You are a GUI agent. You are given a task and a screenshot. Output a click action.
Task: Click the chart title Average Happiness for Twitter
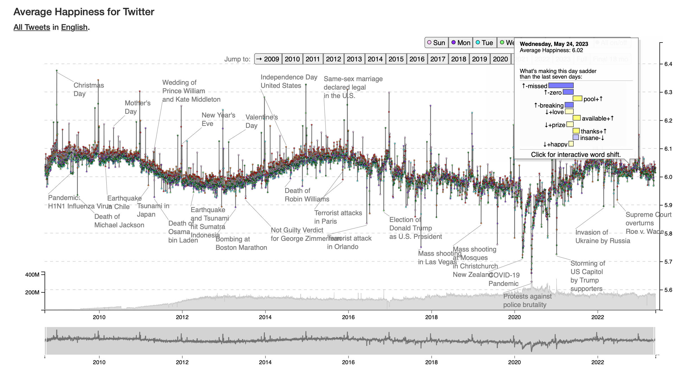coord(84,12)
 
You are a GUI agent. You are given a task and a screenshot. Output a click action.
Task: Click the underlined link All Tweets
coord(32,27)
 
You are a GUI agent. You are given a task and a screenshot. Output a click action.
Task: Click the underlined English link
coord(74,27)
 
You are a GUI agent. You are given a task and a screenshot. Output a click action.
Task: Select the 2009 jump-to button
coord(268,59)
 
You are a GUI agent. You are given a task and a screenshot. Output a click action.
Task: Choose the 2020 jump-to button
coord(500,59)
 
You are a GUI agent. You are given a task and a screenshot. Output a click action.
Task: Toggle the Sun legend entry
coord(436,43)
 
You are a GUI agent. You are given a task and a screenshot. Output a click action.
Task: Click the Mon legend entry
coord(461,43)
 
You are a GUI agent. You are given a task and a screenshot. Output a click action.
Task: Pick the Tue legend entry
coord(485,43)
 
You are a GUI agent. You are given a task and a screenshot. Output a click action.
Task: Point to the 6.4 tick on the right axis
coord(668,64)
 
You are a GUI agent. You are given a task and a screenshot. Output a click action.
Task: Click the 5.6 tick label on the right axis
coord(668,290)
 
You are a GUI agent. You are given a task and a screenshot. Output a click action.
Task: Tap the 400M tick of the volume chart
coord(32,275)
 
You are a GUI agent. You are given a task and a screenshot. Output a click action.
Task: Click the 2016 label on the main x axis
coord(348,317)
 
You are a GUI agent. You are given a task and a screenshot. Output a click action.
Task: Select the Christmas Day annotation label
coord(89,89)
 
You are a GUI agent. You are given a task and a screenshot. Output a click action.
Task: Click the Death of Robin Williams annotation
coord(307,195)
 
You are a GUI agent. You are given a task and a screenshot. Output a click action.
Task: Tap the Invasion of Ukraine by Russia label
coord(602,237)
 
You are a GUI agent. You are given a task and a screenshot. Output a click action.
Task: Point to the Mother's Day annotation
coord(137,107)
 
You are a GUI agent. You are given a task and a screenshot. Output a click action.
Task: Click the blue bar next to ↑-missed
coord(561,86)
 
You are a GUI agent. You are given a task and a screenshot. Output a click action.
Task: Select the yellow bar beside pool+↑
coord(577,99)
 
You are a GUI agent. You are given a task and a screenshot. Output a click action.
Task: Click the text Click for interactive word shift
coord(576,155)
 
